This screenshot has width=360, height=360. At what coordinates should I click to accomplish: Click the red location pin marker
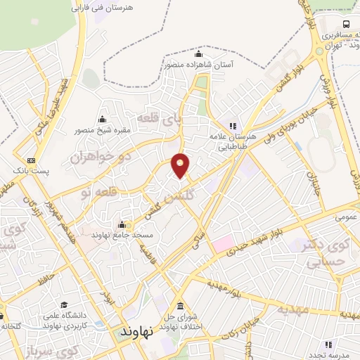181,165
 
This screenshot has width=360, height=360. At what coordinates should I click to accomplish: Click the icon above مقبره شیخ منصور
103,118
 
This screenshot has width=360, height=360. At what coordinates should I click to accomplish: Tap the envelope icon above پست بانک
30,160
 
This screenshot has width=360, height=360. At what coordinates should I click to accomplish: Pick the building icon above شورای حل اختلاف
181,307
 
